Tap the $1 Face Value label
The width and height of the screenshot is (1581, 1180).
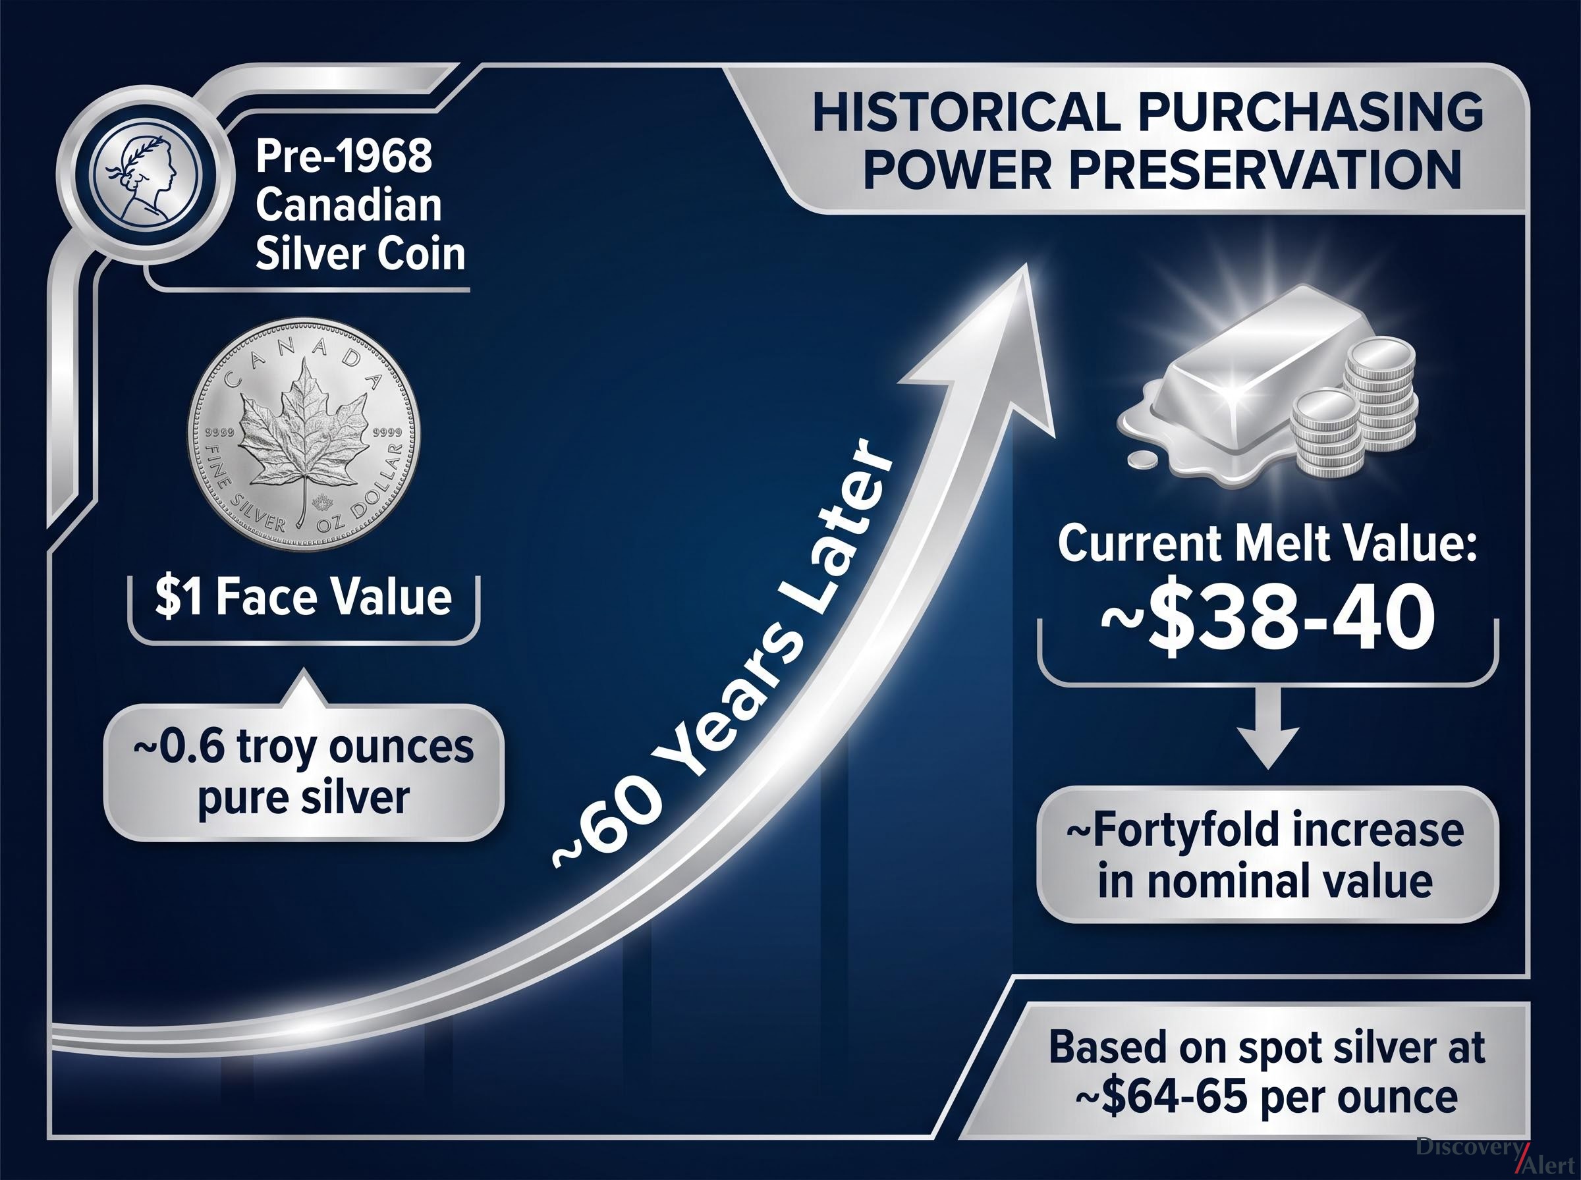pos(304,598)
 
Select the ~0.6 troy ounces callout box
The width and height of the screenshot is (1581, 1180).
pos(304,772)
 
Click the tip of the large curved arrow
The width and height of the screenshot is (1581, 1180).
pos(1026,264)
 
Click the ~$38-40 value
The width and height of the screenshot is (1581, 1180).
pos(1267,622)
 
